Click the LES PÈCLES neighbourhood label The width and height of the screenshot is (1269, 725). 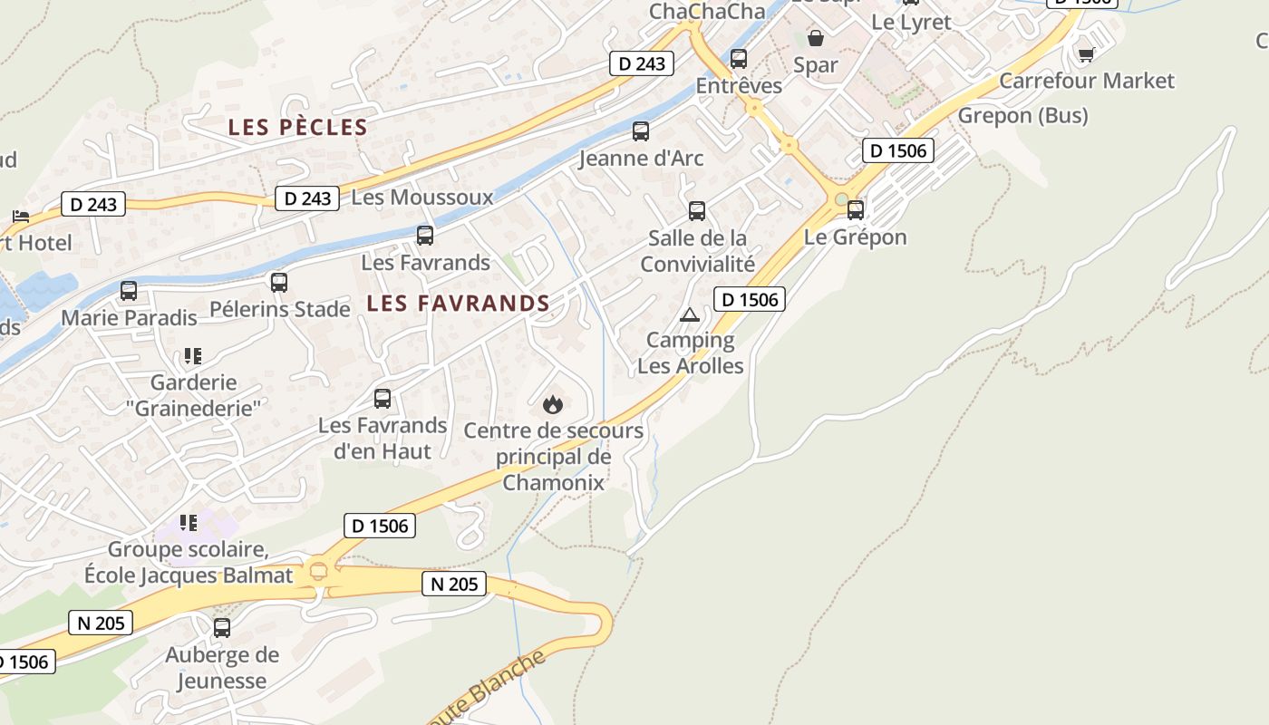click(x=297, y=128)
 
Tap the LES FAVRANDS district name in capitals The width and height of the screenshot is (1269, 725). click(x=458, y=304)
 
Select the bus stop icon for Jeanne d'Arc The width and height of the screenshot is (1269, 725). click(x=641, y=131)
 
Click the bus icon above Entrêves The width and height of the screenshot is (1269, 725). click(x=739, y=59)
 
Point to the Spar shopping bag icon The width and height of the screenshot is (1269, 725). click(x=816, y=38)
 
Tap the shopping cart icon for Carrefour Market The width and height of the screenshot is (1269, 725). click(x=1086, y=54)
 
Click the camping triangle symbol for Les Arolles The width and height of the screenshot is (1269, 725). click(x=690, y=315)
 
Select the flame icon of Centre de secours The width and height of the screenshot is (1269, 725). click(x=553, y=404)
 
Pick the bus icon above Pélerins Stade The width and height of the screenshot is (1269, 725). click(x=279, y=283)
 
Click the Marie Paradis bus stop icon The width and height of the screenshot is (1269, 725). click(x=129, y=291)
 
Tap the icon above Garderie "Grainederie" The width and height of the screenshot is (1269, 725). click(x=192, y=356)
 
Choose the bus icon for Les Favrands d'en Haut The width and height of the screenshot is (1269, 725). click(x=383, y=399)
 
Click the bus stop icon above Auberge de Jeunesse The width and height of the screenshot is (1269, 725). click(x=222, y=627)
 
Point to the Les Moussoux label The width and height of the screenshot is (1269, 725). click(x=422, y=198)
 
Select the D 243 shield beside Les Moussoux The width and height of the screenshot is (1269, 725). click(x=307, y=198)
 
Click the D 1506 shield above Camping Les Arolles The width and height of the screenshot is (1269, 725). click(x=749, y=299)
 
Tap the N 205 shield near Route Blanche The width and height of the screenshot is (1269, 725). click(x=454, y=585)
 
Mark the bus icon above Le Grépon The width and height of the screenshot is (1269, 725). click(x=856, y=210)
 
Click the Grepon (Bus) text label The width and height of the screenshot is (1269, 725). click(x=1022, y=116)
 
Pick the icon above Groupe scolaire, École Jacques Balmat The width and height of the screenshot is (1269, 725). click(x=189, y=523)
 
